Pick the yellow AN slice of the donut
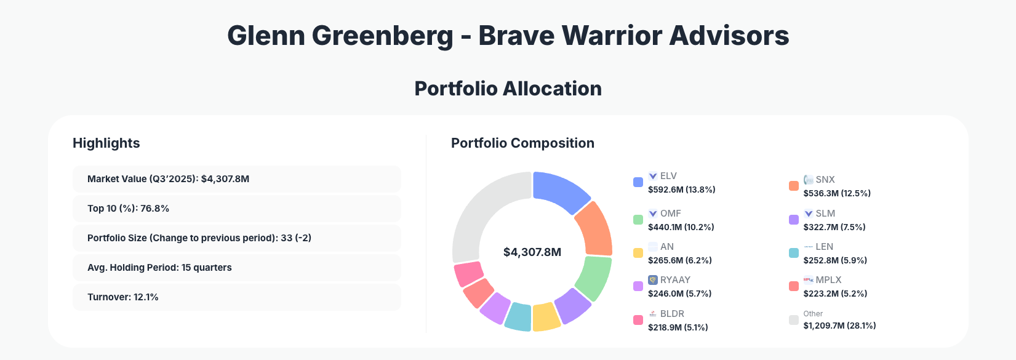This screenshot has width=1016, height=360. (x=545, y=317)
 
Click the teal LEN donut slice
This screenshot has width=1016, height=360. (x=518, y=316)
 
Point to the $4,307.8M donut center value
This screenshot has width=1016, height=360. (x=532, y=252)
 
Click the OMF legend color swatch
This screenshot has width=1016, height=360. (x=638, y=220)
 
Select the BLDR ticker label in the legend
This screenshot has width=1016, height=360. (x=672, y=314)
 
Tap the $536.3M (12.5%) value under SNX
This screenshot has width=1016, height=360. (x=837, y=193)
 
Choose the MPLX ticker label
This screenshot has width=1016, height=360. (x=828, y=280)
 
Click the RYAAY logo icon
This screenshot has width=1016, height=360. (x=653, y=280)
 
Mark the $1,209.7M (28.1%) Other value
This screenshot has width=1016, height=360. (x=839, y=326)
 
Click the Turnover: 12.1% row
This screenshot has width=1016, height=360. (x=237, y=297)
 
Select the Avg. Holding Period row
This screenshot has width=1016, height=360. (x=237, y=268)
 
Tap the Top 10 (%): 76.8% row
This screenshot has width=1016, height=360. (x=237, y=209)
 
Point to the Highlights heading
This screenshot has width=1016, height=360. (x=106, y=143)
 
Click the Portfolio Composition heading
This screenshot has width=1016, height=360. (x=522, y=143)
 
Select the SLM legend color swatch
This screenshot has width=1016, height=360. (x=794, y=220)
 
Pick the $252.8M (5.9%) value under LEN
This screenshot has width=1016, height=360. (x=835, y=260)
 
